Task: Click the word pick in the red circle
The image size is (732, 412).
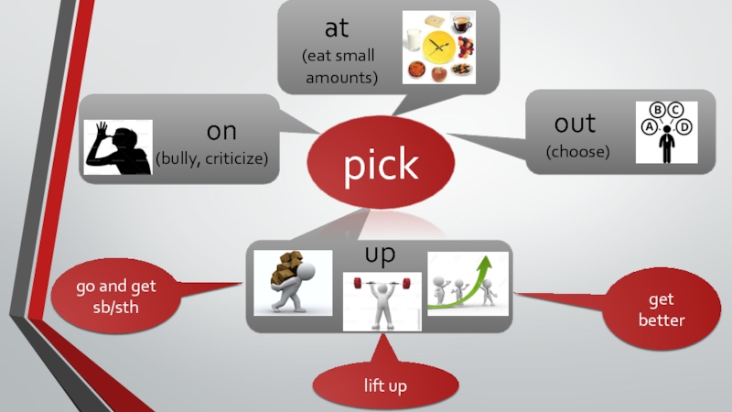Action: [381, 165]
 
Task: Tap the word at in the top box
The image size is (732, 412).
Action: [337, 28]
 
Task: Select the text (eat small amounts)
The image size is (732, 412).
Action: [340, 66]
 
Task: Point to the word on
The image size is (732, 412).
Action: [221, 131]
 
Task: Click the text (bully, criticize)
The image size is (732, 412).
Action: [212, 158]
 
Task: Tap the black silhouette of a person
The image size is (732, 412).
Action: [118, 146]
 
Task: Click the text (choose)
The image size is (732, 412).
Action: [577, 151]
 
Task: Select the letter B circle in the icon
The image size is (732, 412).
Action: [658, 112]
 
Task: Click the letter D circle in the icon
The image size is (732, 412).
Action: [684, 127]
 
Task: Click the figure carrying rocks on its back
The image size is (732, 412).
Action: [292, 282]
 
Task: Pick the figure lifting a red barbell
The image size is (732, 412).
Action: [382, 301]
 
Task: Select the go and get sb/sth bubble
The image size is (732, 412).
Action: [116, 296]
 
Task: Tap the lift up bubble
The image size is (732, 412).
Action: [384, 386]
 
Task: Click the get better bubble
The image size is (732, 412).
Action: [662, 310]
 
